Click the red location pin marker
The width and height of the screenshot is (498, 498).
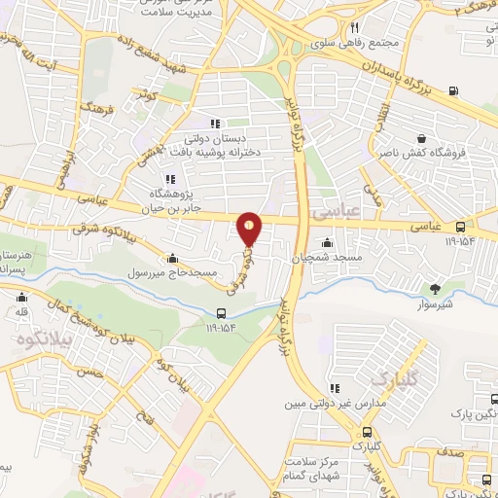tap(250, 230)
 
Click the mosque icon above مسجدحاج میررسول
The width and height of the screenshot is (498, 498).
tap(173, 259)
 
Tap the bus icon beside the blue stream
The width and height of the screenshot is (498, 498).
tap(223, 313)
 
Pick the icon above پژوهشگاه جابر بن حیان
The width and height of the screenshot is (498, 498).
tap(170, 179)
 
